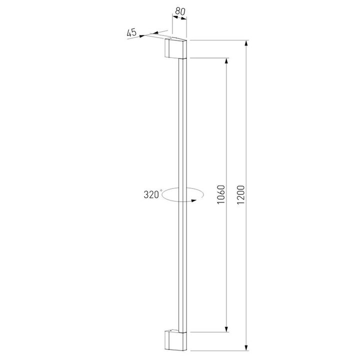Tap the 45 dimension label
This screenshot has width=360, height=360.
(x=131, y=32)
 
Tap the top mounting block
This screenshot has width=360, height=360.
(x=175, y=47)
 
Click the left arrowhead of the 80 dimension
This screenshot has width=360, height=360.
(x=174, y=17)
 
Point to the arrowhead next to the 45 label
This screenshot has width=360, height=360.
(x=142, y=35)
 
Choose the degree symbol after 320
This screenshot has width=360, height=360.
(x=161, y=190)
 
